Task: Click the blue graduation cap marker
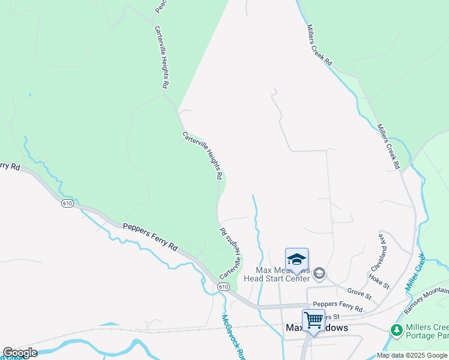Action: click(297, 259)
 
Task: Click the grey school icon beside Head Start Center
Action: click(319, 274)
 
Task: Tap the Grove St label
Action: click(360, 293)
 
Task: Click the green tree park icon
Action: click(396, 329)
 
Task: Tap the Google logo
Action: click(20, 353)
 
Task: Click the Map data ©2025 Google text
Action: click(411, 355)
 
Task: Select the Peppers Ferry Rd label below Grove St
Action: click(337, 306)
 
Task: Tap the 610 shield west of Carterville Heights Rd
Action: click(67, 203)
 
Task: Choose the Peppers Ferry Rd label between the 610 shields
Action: click(151, 237)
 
